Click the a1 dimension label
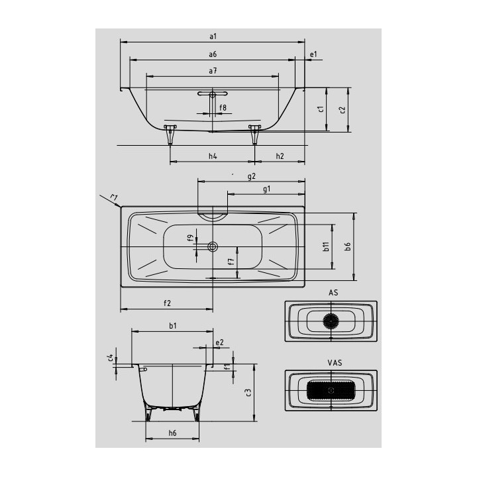coord(213,36)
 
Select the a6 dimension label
coord(213,54)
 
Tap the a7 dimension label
coord(213,71)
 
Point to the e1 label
coord(313,54)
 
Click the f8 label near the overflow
coord(223,107)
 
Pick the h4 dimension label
coord(213,156)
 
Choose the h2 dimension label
coord(280,156)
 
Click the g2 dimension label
coord(252,176)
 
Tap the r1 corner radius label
coord(114,197)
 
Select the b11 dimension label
coord(326,246)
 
